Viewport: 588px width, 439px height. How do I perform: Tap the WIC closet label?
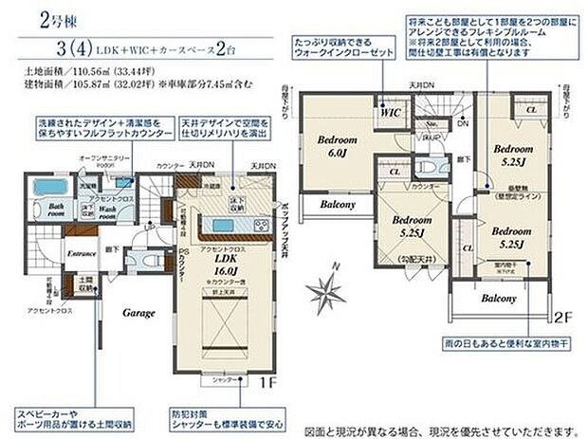(391, 113)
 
